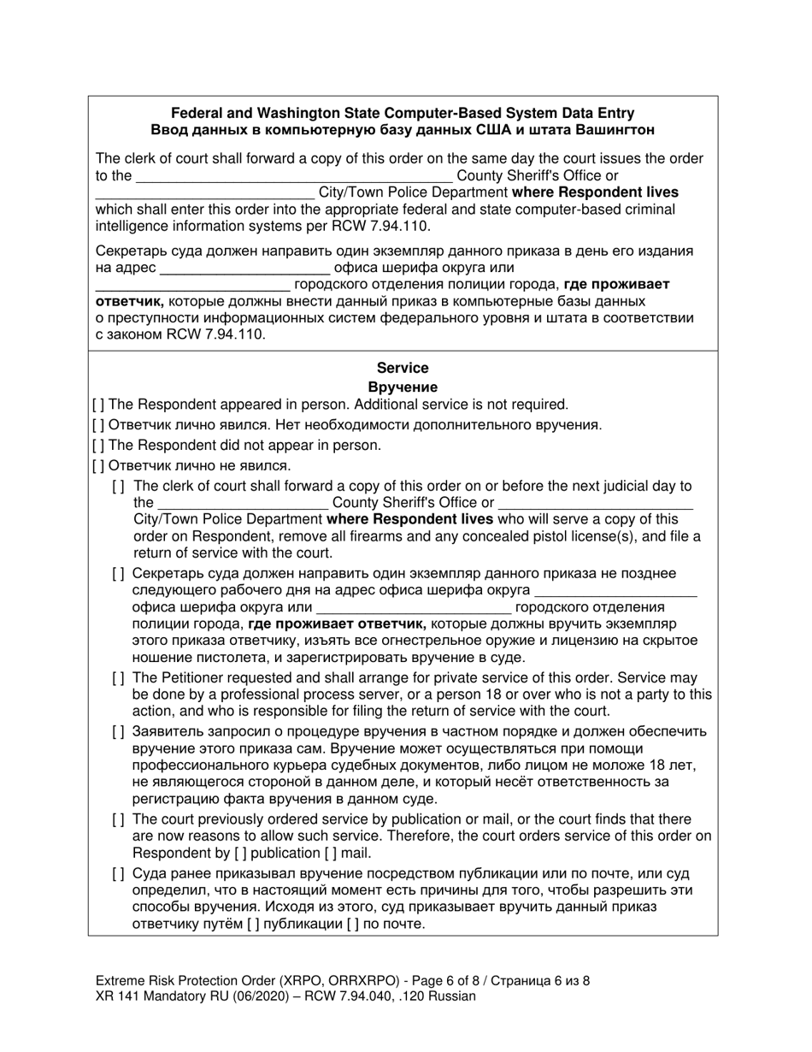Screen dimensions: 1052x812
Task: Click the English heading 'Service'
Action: point(402,368)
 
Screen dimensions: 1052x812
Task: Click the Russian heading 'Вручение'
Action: point(402,387)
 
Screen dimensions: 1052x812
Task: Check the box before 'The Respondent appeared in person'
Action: point(98,405)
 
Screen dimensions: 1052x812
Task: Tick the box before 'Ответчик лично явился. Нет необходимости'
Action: point(98,424)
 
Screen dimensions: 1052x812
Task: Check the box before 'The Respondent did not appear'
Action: point(98,445)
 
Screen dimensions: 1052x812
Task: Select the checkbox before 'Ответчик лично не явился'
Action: point(98,465)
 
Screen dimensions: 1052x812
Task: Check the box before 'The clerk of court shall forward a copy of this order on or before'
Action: point(119,486)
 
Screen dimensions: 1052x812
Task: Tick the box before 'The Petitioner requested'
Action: point(119,677)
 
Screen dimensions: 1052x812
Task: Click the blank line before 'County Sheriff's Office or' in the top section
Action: point(294,177)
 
